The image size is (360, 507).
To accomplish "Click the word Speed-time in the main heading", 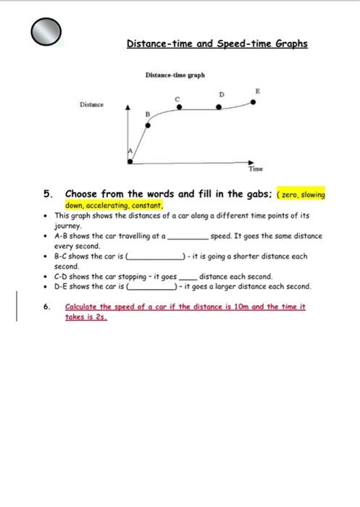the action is pyautogui.click(x=268, y=43).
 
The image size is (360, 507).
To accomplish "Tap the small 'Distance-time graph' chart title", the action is pyautogui.click(x=175, y=75).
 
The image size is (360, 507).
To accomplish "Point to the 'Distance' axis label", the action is pyautogui.click(x=91, y=104).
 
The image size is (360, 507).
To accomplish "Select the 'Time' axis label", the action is pyautogui.click(x=255, y=169).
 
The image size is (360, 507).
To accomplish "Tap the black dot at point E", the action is pyautogui.click(x=253, y=101).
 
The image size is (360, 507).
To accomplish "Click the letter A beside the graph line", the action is pyautogui.click(x=130, y=151).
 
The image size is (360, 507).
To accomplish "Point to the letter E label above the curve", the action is pyautogui.click(x=256, y=89).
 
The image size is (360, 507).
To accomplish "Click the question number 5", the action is pyautogui.click(x=48, y=194).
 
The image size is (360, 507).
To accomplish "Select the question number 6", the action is pyautogui.click(x=48, y=307).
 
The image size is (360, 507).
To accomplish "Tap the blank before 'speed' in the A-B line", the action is pyautogui.click(x=188, y=237).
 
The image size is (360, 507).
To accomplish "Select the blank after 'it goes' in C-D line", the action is pyautogui.click(x=188, y=277).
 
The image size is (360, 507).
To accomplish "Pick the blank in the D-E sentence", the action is pyautogui.click(x=149, y=288).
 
